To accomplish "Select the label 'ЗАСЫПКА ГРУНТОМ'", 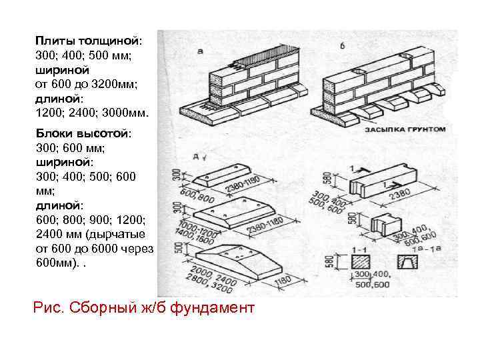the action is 403,129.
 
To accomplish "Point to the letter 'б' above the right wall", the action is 343,45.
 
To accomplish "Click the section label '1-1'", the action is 361,249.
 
